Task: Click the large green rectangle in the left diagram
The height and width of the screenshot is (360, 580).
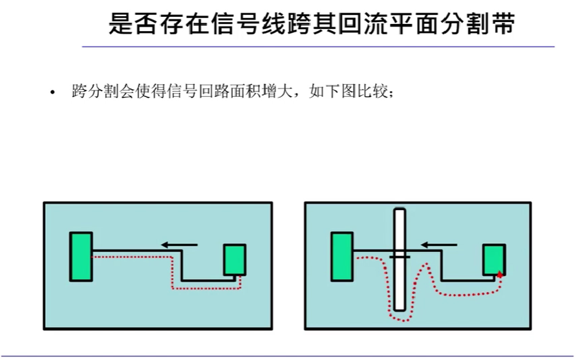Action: [81, 256]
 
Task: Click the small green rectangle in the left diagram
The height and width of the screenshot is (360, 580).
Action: [234, 260]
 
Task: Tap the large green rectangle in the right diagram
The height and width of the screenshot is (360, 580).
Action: [342, 257]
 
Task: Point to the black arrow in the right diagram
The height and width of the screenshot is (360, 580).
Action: [439, 244]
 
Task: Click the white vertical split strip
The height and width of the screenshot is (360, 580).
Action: [400, 284]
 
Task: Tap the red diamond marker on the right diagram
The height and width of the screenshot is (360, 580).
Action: [499, 275]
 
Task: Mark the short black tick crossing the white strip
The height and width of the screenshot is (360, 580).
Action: [400, 257]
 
